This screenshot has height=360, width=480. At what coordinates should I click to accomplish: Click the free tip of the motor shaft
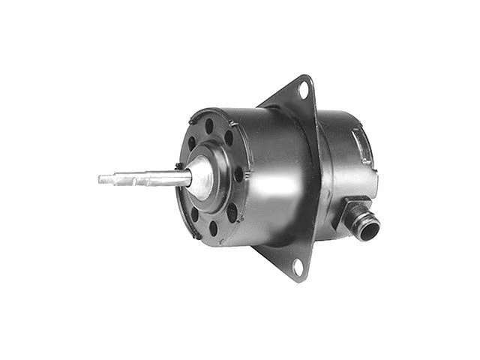(101, 179)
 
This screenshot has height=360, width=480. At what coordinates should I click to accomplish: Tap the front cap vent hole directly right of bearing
(238, 175)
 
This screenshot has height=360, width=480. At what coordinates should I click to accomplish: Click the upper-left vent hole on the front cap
(192, 142)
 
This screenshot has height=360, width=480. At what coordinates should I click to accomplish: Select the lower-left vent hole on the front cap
(193, 213)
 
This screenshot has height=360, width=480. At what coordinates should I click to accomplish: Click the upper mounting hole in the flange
(303, 90)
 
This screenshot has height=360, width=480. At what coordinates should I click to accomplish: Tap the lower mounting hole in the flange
(298, 265)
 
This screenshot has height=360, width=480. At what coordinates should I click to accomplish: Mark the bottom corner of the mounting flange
(299, 279)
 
